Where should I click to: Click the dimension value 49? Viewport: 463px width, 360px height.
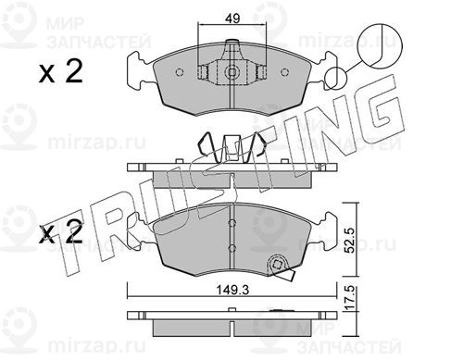[x=232, y=19]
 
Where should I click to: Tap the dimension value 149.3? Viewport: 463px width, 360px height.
[x=232, y=290]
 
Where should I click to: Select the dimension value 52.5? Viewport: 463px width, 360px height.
[x=350, y=241]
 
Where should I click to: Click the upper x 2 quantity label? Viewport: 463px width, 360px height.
[x=61, y=72]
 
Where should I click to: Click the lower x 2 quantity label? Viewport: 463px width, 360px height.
[x=61, y=232]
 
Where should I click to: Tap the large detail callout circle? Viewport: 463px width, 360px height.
[x=380, y=45]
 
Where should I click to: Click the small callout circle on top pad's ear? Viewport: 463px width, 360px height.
[x=335, y=78]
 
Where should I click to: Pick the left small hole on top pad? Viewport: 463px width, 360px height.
[x=180, y=72]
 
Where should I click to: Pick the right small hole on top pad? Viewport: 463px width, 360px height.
[x=284, y=72]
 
